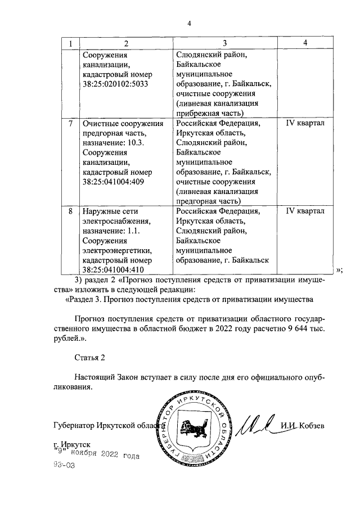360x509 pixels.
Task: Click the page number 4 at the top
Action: [x=190, y=23]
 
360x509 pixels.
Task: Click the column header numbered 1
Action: [x=70, y=43]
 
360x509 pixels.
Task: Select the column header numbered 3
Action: [x=224, y=43]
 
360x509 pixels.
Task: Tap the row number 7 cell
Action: [x=70, y=123]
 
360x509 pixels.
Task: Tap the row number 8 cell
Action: [x=70, y=211]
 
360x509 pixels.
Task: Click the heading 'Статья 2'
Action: [x=89, y=357]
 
